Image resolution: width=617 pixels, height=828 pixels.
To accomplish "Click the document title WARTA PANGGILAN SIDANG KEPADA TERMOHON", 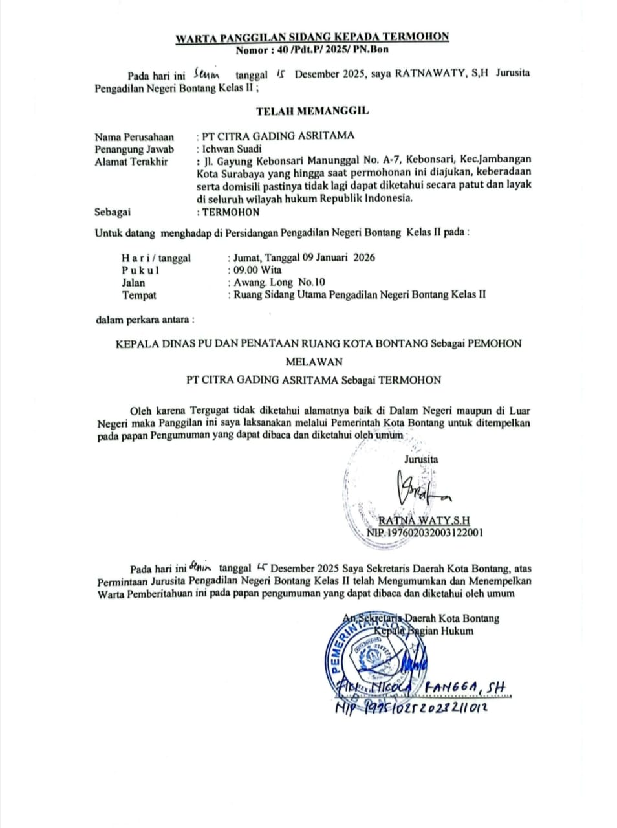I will tap(312, 38).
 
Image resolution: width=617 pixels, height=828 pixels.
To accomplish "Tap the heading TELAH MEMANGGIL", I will tap(312, 111).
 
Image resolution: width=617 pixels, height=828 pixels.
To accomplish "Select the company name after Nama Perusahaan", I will tap(278, 136).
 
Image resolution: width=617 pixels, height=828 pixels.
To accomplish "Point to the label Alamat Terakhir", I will tap(131, 162).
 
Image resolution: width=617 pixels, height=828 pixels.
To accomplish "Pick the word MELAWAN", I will tap(314, 362).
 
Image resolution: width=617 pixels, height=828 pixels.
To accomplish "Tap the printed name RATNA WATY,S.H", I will tap(424, 520).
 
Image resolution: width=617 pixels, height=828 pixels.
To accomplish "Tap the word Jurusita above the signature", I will tap(421, 459).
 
